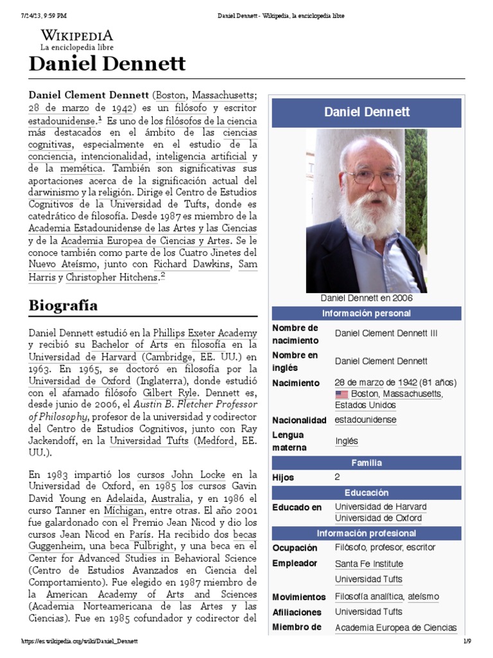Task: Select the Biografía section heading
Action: tap(63, 305)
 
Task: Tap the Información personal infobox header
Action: tap(366, 313)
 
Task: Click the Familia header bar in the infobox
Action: tap(366, 463)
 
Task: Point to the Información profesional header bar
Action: tap(366, 533)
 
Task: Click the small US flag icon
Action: tap(341, 394)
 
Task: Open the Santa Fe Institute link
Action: tap(368, 564)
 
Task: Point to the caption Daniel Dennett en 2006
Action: tap(366, 298)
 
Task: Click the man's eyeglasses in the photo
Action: tap(372, 175)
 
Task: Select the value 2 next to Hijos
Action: tap(338, 477)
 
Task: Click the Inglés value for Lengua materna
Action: tap(346, 441)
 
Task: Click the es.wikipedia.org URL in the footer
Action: tap(81, 641)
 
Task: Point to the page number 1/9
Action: tap(467, 641)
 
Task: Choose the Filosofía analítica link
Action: tap(369, 597)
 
